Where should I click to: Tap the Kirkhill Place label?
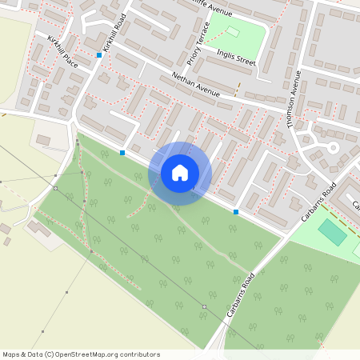(x=62, y=51)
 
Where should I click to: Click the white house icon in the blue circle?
(x=180, y=172)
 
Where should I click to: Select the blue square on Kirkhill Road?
(x=99, y=54)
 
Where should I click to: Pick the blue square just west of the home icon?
(x=122, y=152)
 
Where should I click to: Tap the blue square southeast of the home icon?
(x=236, y=211)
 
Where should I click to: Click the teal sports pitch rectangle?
(x=333, y=233)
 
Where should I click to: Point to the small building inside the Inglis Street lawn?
(x=234, y=32)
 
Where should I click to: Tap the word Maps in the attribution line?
(x=12, y=354)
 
